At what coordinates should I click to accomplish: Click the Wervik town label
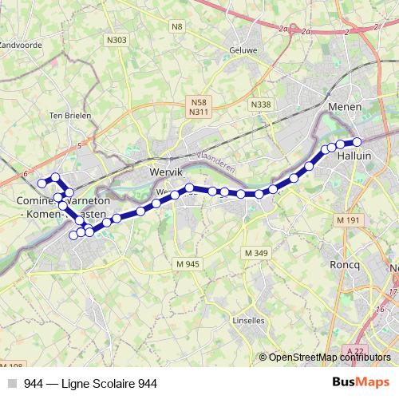click(x=168, y=172)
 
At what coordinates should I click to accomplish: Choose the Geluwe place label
click(x=243, y=49)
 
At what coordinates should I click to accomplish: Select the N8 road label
click(x=177, y=26)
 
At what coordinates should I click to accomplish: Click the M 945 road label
click(x=188, y=263)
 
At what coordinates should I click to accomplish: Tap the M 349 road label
click(x=255, y=253)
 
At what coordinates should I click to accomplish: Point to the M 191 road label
click(x=347, y=219)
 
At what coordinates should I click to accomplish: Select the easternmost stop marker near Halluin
click(x=357, y=142)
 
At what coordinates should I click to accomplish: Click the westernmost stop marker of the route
click(x=41, y=184)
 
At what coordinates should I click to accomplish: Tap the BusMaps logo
click(x=361, y=383)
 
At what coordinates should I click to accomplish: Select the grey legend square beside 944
click(x=11, y=384)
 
